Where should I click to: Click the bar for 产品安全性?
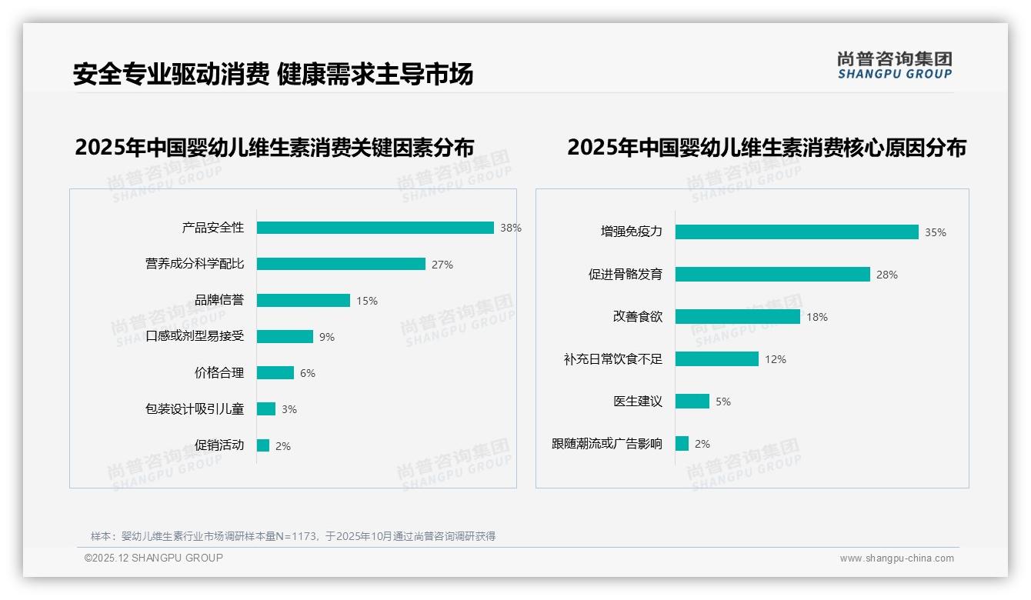375,228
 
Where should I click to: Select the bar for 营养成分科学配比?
341,264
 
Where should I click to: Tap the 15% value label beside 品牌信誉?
366,301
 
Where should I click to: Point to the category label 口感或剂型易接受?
195,337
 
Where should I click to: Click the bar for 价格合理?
275,373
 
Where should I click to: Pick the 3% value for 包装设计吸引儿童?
289,409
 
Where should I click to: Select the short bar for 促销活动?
263,445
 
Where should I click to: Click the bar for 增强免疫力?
796,232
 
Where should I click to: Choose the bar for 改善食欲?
737,317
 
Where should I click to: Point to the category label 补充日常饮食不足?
612,359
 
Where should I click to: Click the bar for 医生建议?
692,402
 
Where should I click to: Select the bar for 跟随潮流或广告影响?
682,444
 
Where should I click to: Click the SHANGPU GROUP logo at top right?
894,65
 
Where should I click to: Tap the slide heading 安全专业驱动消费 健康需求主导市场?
273,74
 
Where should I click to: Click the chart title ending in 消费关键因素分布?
274,147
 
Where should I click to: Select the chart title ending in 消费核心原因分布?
766,147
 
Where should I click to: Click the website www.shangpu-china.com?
896,558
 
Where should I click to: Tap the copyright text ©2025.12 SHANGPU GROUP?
154,558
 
